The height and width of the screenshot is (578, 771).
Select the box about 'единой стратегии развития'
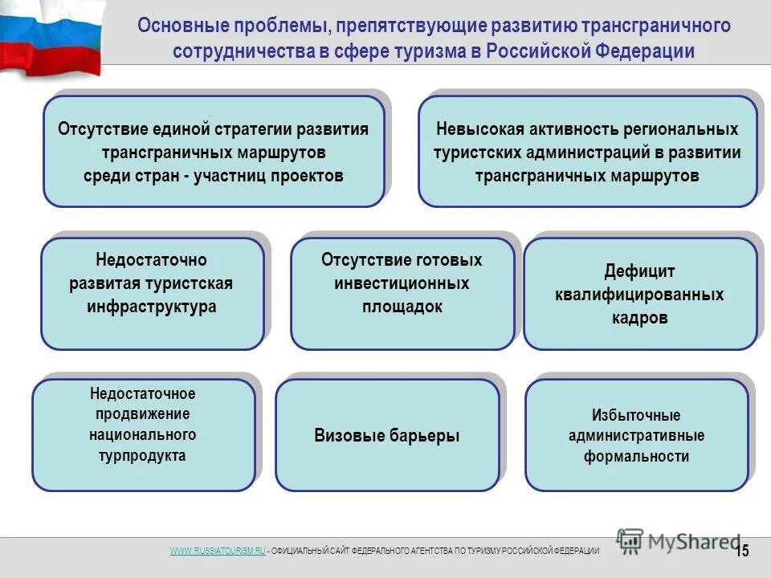(x=214, y=152)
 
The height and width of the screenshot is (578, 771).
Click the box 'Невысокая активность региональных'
(x=587, y=152)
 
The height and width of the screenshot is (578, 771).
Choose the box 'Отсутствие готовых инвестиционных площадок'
(x=402, y=294)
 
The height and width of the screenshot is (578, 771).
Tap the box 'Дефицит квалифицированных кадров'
(x=639, y=294)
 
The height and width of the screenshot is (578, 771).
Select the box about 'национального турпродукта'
(x=144, y=434)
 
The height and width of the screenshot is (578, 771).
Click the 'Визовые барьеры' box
(x=387, y=435)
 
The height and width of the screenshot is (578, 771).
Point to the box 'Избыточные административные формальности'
(x=636, y=435)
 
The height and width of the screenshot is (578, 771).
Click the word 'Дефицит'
(x=639, y=271)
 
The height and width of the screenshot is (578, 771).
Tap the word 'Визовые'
(x=347, y=436)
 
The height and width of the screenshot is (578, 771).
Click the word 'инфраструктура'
(x=153, y=307)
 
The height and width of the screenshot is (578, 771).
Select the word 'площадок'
(x=402, y=307)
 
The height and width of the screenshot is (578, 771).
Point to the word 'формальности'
(x=636, y=457)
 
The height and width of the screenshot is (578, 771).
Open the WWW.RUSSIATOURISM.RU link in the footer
(x=217, y=550)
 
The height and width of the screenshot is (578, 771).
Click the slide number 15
(x=742, y=550)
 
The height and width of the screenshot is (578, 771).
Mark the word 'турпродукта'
(x=144, y=456)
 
